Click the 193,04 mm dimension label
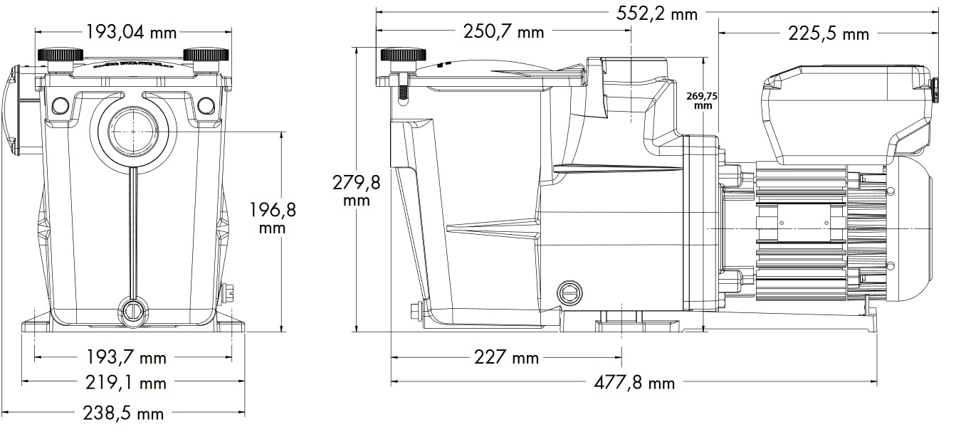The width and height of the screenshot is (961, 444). point(131,32)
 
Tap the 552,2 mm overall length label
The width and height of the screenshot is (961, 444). point(657,14)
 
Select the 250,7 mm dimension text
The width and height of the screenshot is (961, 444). point(504,32)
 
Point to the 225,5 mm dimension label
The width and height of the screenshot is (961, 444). point(829,33)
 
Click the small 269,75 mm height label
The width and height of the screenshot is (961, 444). point(702,101)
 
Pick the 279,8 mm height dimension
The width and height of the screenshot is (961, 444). point(357,191)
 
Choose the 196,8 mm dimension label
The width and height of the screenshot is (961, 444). point(273,218)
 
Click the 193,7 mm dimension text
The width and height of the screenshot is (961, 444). point(126,357)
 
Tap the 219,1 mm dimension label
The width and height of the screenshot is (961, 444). point(126,383)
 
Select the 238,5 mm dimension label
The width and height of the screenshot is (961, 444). point(124,413)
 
